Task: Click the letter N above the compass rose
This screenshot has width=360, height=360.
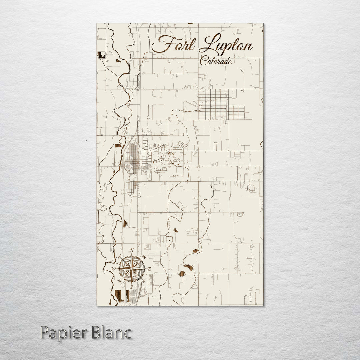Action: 132,251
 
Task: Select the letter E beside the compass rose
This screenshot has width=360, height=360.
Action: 149,269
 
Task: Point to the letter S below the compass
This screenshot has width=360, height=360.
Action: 131,287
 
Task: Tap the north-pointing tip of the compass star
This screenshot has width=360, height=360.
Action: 132,256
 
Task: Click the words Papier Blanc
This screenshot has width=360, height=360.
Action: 86,333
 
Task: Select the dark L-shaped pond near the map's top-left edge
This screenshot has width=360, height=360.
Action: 101,55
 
